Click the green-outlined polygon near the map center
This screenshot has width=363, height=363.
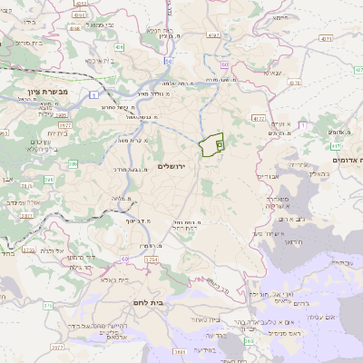point(211,145)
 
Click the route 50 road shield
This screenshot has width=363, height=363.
point(169,60)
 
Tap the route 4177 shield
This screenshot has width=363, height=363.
point(260,118)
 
